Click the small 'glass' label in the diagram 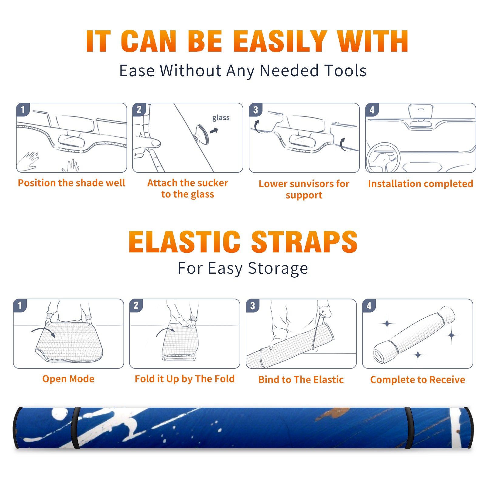click(221, 118)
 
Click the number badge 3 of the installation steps click(255, 110)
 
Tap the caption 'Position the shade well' click(71, 183)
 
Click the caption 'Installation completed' click(420, 184)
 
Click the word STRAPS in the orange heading click(304, 242)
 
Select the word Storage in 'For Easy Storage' click(278, 269)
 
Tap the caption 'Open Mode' click(68, 379)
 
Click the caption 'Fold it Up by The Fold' click(185, 379)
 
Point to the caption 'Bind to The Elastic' click(301, 380)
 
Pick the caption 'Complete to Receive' click(418, 380)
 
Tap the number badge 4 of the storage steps click(369, 306)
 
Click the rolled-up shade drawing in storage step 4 click(414, 335)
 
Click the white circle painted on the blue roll click(60, 414)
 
